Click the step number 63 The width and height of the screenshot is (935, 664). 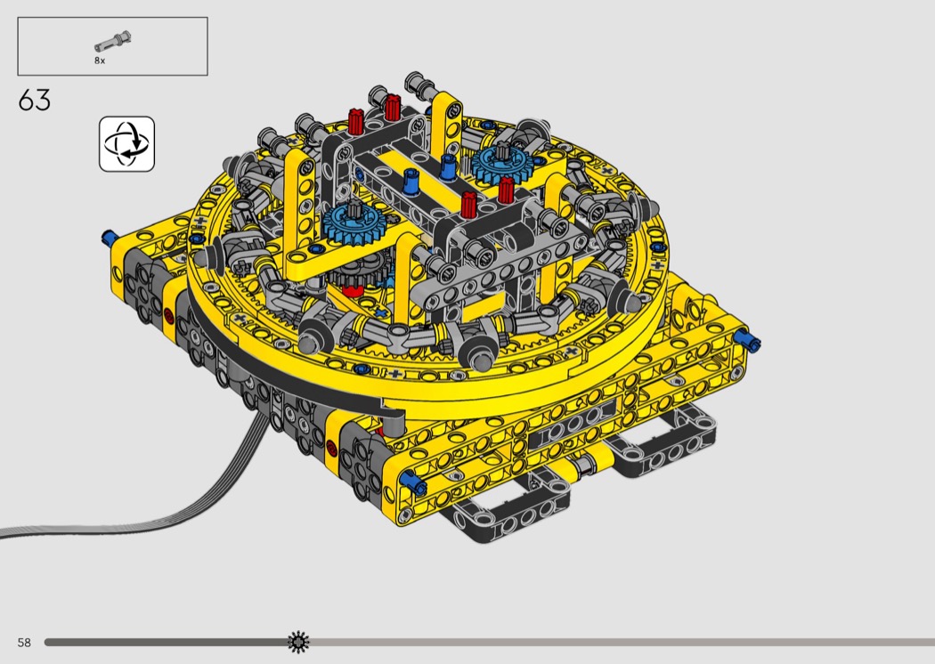point(35,101)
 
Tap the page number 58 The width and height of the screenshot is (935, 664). point(24,642)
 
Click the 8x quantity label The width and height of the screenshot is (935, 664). point(100,61)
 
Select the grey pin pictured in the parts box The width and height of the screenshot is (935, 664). point(113,41)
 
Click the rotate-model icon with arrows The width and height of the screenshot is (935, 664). point(127,143)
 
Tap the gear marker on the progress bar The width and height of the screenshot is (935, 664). point(298,642)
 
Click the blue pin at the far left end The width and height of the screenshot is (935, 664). point(109,238)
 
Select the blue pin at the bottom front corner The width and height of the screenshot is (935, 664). point(413,482)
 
